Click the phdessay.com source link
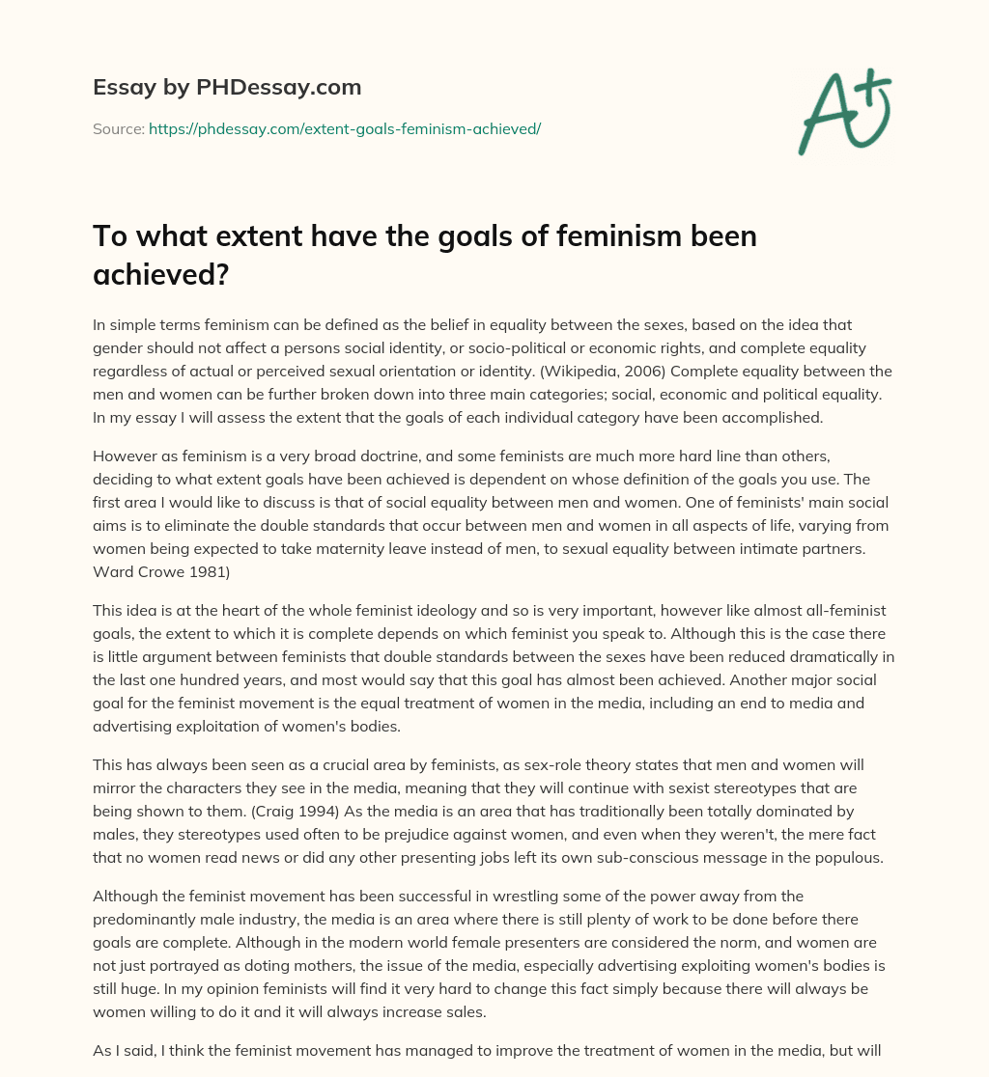coord(345,128)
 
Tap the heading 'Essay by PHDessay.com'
coord(227,87)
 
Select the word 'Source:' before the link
coord(119,128)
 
